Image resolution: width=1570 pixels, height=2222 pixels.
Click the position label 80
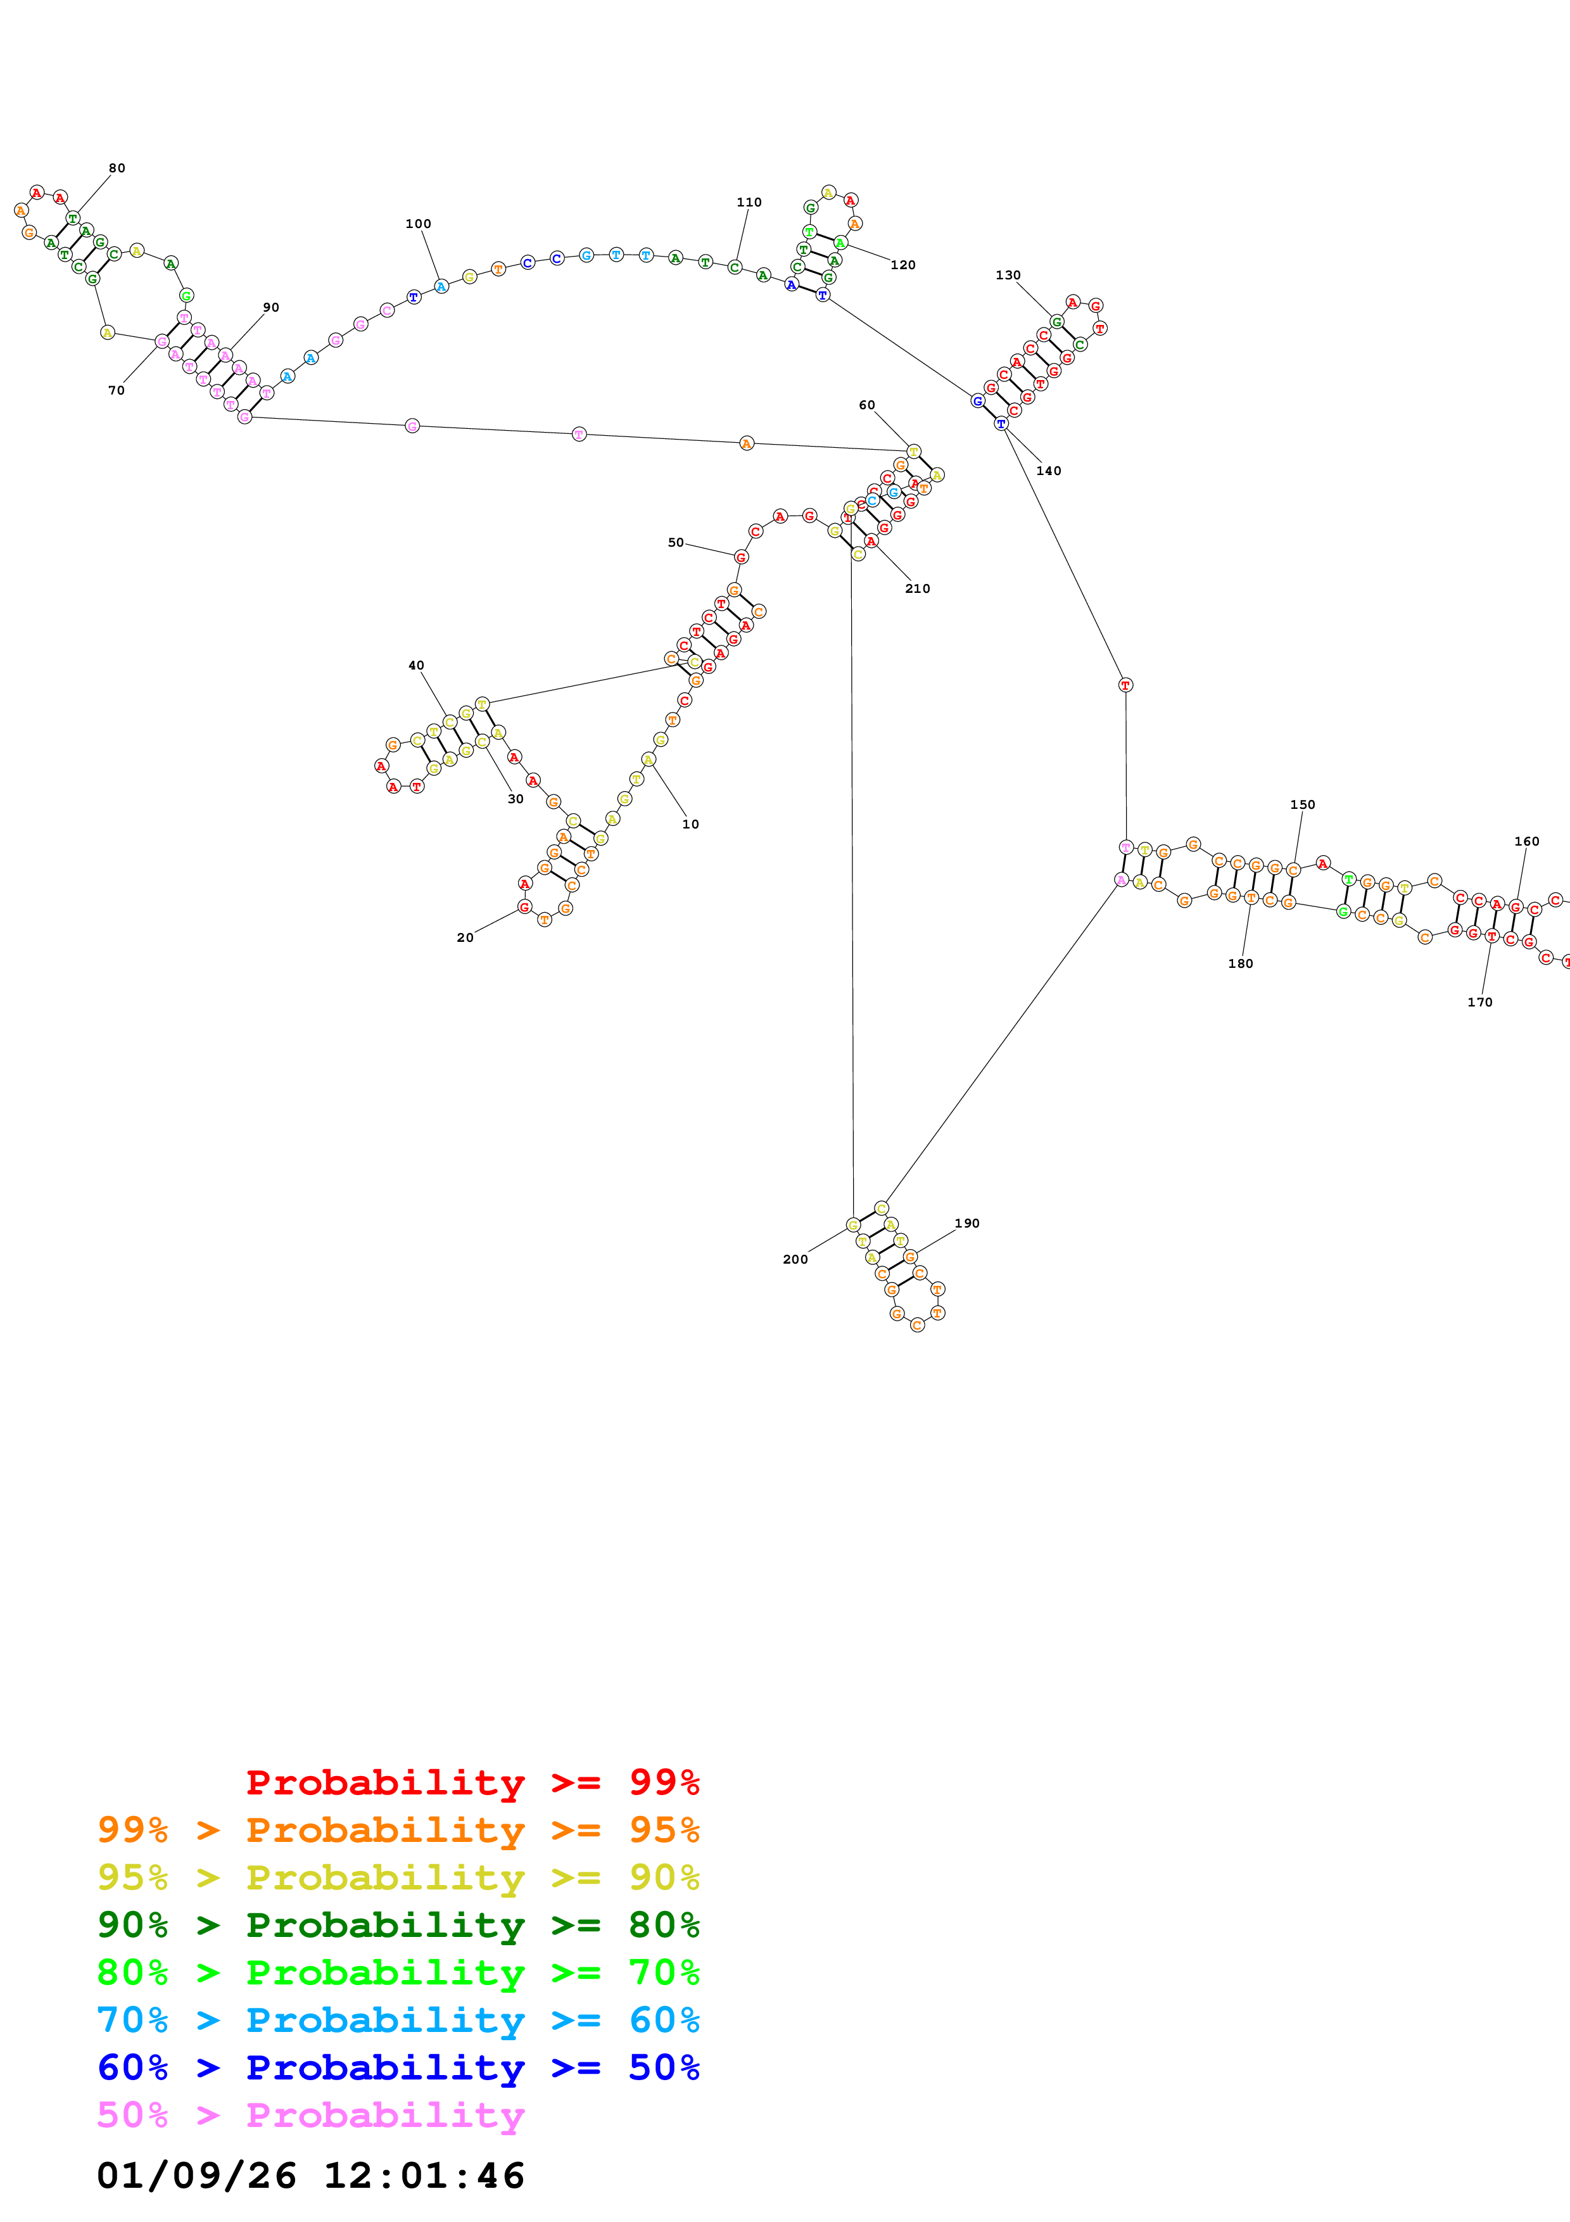[117, 168]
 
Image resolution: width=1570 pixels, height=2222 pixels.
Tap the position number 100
[418, 224]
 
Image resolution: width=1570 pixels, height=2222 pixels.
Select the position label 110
[749, 202]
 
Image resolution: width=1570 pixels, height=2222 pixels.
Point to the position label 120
[902, 265]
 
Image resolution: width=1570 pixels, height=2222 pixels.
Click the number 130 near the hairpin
[1008, 275]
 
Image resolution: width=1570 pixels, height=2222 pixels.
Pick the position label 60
[867, 405]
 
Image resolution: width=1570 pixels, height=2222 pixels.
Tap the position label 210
[917, 588]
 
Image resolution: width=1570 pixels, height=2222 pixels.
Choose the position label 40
[416, 666]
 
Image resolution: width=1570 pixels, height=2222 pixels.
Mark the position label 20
[465, 938]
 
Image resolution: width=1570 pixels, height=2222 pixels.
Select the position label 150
[1302, 805]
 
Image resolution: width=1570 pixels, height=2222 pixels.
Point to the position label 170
[1479, 1003]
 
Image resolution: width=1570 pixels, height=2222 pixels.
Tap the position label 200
[795, 1260]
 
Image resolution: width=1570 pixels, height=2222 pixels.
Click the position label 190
[966, 1224]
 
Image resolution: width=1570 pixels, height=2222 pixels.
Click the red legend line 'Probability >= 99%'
[472, 1782]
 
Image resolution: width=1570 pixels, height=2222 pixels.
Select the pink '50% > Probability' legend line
[310, 2116]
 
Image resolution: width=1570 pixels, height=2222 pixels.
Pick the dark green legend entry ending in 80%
[398, 1926]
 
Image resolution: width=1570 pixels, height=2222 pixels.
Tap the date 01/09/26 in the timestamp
[196, 2176]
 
